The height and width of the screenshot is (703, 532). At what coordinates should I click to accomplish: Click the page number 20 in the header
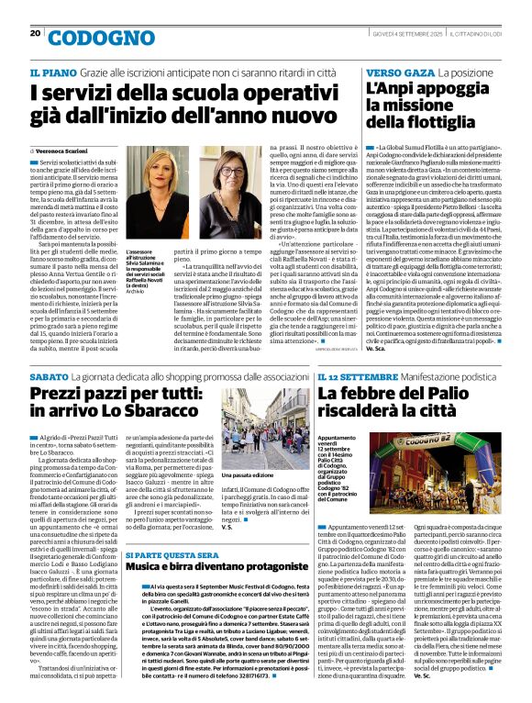point(35,34)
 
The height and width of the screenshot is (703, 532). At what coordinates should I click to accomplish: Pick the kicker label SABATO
point(49,376)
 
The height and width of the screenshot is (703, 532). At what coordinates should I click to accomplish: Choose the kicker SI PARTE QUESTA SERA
point(167,555)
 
